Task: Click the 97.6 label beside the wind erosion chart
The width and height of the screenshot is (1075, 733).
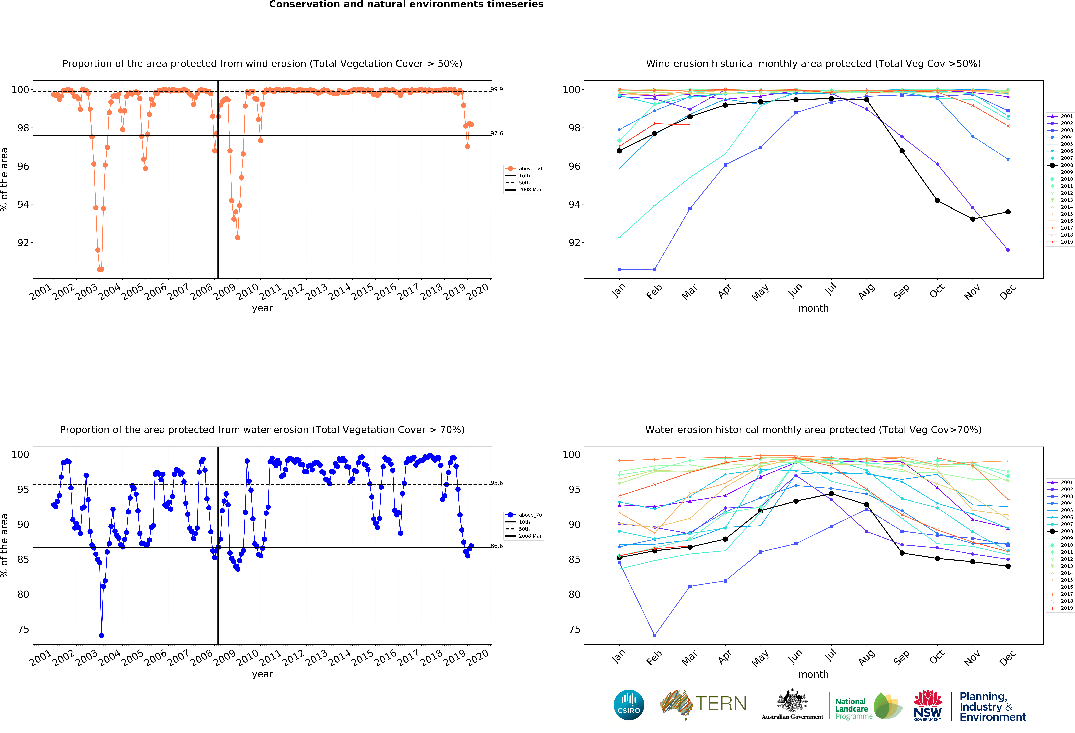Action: [x=497, y=133]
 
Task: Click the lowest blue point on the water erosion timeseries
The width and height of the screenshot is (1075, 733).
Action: [x=101, y=635]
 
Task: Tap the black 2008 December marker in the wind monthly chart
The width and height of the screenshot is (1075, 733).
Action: [x=1008, y=212]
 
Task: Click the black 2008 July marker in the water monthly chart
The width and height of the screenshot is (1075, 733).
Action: [x=831, y=494]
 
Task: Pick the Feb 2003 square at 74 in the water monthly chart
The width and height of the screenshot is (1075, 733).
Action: [x=655, y=635]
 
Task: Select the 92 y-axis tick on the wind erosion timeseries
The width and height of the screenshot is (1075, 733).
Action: [x=23, y=242]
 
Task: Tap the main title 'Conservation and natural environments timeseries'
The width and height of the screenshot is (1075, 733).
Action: [x=406, y=5]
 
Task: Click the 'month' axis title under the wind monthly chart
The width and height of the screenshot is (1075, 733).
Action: [x=813, y=308]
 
